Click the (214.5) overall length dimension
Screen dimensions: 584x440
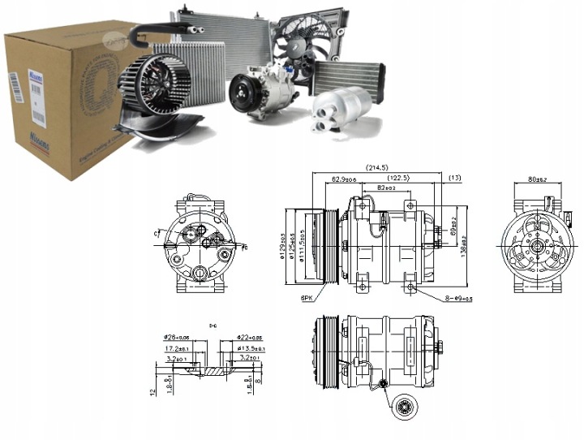(x=376, y=168)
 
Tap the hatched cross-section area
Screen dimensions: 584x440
(x=212, y=370)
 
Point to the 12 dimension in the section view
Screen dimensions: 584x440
(x=152, y=391)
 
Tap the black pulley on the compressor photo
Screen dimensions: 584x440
(x=241, y=91)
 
